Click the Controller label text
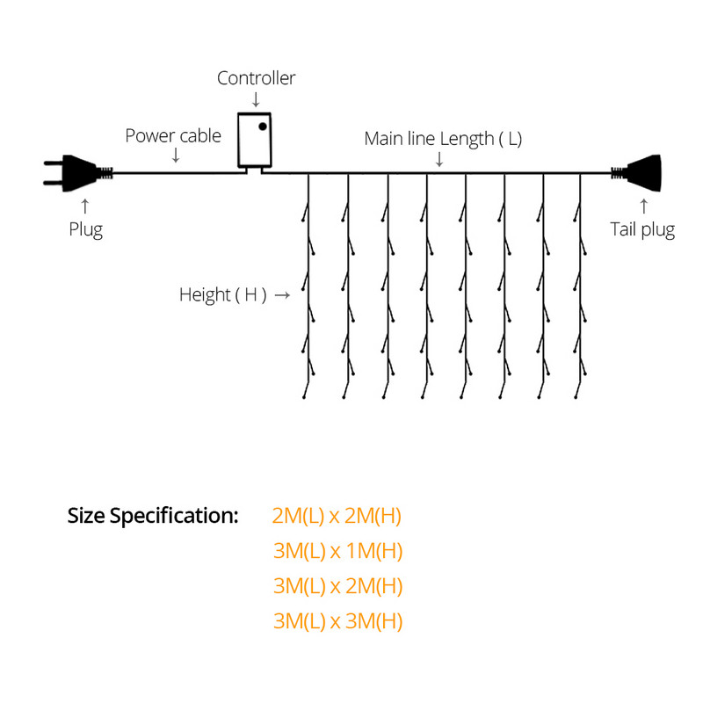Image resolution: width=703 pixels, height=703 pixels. point(257,78)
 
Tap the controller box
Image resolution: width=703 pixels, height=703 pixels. point(256,139)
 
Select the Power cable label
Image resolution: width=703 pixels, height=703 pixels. point(173,136)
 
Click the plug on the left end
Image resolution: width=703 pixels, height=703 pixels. point(78,172)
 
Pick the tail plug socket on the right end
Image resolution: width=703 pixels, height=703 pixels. point(640,172)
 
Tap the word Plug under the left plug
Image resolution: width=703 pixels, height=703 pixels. point(86,230)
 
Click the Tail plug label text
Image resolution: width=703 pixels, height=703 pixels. point(642,230)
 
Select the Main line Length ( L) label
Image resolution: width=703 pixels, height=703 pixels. point(443,139)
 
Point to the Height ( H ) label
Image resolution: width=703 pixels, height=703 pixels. point(223,294)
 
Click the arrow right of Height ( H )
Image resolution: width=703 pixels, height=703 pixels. point(282,295)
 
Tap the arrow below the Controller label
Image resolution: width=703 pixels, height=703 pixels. point(256,99)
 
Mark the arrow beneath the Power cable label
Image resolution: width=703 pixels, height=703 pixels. point(176,156)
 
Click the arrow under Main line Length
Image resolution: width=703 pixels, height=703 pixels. point(439,158)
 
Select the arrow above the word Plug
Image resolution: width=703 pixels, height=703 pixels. point(85,207)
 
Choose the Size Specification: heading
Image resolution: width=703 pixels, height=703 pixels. point(153,516)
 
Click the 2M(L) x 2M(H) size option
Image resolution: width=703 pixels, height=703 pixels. point(337,516)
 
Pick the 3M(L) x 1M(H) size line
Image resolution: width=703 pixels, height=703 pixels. point(337,552)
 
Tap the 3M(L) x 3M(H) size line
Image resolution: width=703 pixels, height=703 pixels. point(337,622)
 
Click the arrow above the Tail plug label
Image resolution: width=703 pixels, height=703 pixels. point(644,207)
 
